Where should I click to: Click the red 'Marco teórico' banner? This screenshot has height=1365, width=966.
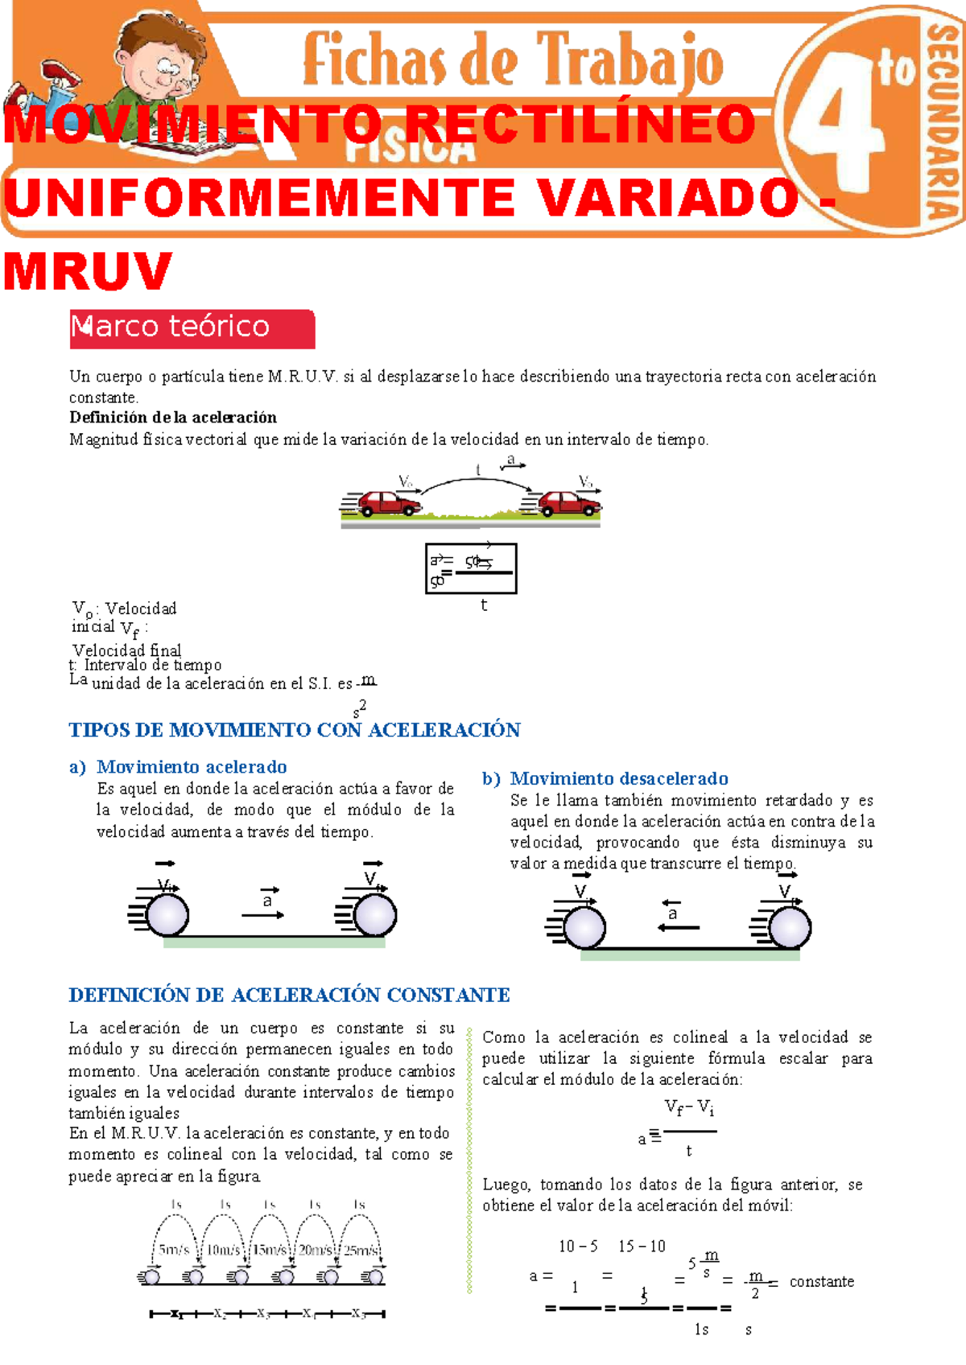(x=192, y=328)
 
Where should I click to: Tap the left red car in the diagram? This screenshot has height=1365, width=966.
(x=390, y=503)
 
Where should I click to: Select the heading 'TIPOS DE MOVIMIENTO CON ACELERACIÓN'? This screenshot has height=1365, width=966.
(x=295, y=730)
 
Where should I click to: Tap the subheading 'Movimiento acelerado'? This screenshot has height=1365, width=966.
(x=192, y=766)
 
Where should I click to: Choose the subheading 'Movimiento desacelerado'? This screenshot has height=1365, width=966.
(x=618, y=778)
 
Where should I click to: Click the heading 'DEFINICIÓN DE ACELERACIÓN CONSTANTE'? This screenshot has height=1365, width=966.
(x=289, y=995)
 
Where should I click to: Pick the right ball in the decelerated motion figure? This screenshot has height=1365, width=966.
(x=790, y=928)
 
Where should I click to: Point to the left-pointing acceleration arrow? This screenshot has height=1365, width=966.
(x=678, y=927)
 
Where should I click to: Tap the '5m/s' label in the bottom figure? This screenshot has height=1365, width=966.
(x=174, y=1250)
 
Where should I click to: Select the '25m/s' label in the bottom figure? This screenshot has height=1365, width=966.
(x=361, y=1250)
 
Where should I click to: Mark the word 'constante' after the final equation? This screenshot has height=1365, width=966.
(x=821, y=1281)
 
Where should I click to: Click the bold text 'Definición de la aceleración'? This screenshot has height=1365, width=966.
(x=173, y=417)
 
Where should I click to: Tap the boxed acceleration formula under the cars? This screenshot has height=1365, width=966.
(x=471, y=568)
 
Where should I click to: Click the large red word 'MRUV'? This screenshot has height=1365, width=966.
(x=88, y=272)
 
